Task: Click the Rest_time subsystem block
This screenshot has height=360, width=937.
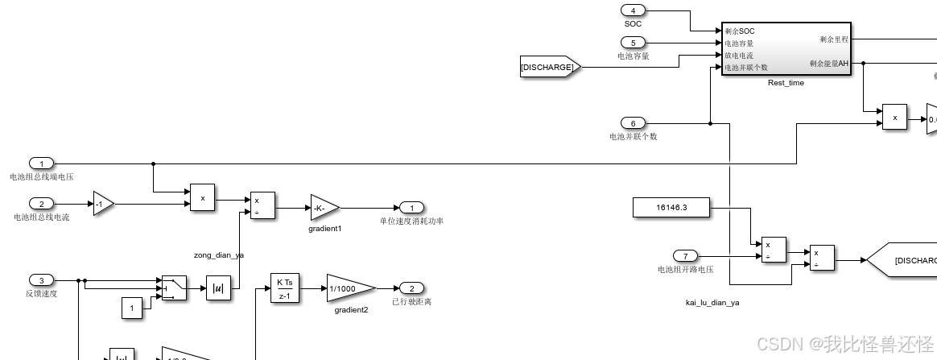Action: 786,49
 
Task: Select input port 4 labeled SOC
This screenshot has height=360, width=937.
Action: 633,10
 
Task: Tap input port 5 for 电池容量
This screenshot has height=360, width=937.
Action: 633,42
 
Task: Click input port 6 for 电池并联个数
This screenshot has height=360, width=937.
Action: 633,123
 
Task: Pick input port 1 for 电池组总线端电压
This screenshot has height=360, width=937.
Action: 41,163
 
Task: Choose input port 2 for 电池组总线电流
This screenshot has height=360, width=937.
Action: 41,204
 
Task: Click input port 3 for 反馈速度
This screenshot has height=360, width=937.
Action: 41,280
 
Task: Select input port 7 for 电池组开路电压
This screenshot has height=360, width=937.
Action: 685,256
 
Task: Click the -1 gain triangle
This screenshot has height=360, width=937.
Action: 103,204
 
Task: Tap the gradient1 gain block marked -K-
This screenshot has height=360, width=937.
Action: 324,208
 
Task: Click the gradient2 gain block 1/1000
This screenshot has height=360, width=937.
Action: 349,288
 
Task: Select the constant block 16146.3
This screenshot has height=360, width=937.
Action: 672,208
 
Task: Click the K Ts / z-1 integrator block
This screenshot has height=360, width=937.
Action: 284,288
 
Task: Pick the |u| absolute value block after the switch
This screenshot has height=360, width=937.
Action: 218,288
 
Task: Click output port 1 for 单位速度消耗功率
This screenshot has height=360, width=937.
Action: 411,208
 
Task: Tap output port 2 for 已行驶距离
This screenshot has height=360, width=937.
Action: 411,288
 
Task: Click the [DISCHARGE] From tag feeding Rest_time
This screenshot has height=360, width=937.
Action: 549,68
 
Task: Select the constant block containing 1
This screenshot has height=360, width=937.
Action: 133,307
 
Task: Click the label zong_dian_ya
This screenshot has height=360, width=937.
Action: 218,254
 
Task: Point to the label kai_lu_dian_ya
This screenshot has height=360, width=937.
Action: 707,302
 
